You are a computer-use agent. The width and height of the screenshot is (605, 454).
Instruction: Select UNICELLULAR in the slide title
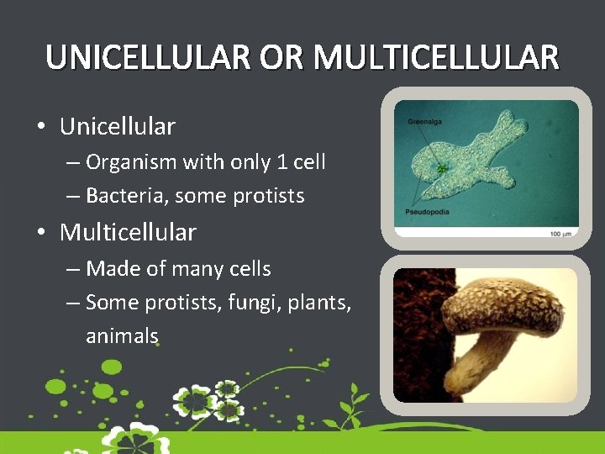click(148, 57)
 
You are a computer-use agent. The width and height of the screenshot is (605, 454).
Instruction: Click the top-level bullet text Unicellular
click(118, 127)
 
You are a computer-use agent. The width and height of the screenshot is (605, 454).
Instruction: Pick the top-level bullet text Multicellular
click(128, 231)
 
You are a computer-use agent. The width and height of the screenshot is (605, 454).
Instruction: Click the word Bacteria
click(124, 196)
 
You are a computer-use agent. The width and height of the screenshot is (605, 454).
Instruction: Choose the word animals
click(122, 335)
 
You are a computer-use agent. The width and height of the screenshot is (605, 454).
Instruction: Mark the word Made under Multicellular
click(110, 269)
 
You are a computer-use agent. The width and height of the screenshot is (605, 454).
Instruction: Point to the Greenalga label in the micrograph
click(425, 122)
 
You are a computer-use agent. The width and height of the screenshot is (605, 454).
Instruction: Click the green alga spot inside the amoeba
click(440, 169)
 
